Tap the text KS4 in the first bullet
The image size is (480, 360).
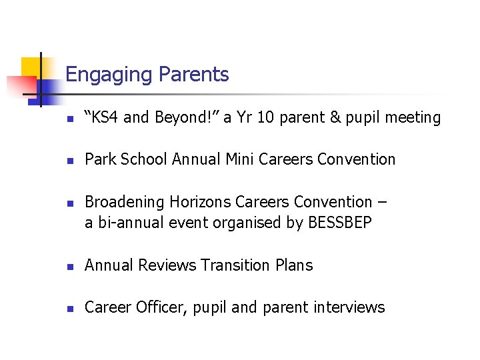coord(104,118)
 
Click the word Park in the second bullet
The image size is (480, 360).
coord(100,159)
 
